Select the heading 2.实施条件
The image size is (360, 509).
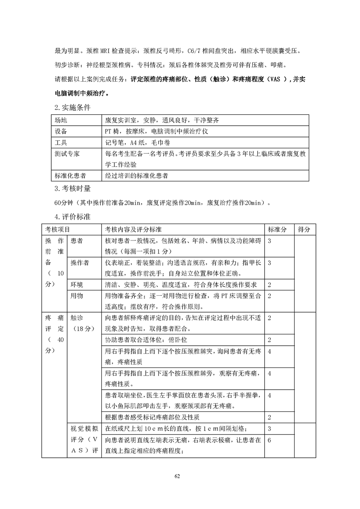pyautogui.click(x=72, y=108)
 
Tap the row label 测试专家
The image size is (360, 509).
pyautogui.click(x=67, y=154)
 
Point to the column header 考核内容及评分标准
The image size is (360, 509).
pyautogui.click(x=134, y=230)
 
